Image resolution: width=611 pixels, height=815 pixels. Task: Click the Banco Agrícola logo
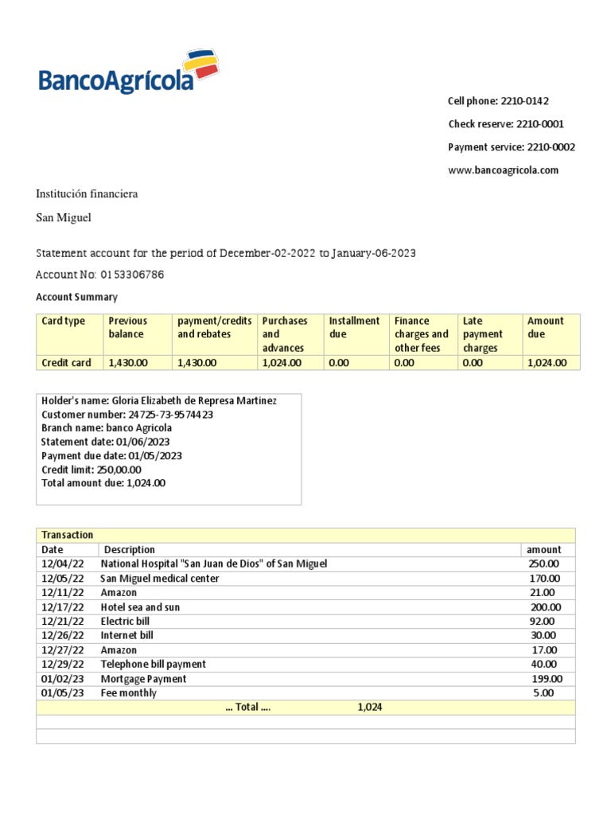(x=128, y=73)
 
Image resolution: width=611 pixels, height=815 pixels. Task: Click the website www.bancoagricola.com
(x=503, y=170)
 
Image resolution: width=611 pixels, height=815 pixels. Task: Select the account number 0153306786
(x=133, y=275)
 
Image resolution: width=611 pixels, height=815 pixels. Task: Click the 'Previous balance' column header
(x=128, y=327)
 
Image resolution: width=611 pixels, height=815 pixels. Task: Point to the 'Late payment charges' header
(x=483, y=334)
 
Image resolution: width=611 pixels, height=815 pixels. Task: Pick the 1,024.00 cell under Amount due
(x=547, y=363)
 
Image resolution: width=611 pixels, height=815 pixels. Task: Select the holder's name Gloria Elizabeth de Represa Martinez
(x=194, y=400)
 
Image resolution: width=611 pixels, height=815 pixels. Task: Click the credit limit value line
(x=91, y=470)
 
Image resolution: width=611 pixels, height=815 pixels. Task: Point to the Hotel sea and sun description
(x=140, y=607)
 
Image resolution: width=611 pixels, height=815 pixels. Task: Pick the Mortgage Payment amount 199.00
(x=547, y=679)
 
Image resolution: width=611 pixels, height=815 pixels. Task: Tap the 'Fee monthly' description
(x=128, y=693)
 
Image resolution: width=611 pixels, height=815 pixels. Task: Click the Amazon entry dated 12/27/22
(x=119, y=650)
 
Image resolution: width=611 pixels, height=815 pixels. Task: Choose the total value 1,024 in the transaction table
(x=370, y=707)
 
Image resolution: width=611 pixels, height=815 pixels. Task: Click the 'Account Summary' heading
(x=76, y=297)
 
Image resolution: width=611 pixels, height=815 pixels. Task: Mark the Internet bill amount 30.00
(x=543, y=636)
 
